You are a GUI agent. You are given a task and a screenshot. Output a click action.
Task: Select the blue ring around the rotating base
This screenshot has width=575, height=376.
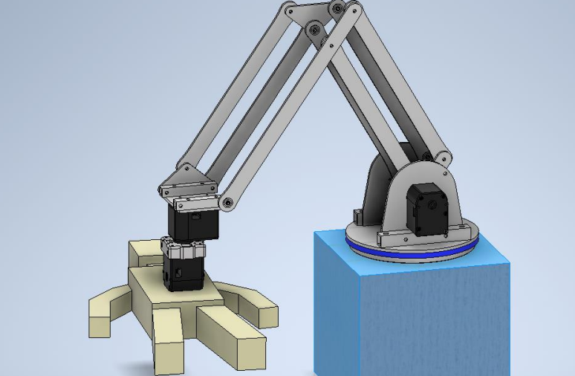coord(416,253)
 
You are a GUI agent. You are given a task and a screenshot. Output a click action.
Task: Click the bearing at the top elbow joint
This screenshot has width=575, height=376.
coord(338,9)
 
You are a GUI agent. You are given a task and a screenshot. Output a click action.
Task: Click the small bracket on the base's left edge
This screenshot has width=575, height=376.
coord(357,216)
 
